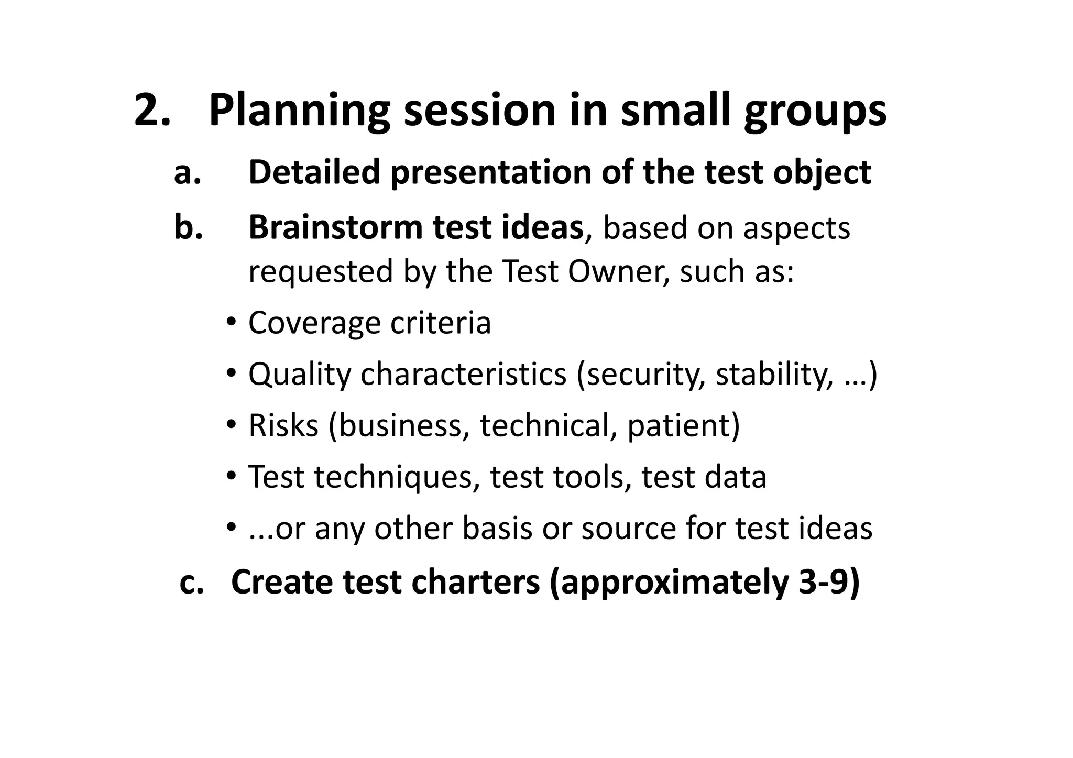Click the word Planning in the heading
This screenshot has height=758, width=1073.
299,111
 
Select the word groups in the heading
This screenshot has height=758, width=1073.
815,111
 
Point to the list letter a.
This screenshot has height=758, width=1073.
187,173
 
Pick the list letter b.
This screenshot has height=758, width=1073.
188,227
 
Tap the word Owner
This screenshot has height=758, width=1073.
618,271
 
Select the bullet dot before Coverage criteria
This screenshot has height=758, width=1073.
231,322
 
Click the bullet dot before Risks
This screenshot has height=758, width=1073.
231,425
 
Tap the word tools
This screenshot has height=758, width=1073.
592,477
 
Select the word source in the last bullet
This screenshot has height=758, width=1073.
629,528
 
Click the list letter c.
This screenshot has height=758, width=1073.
191,582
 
